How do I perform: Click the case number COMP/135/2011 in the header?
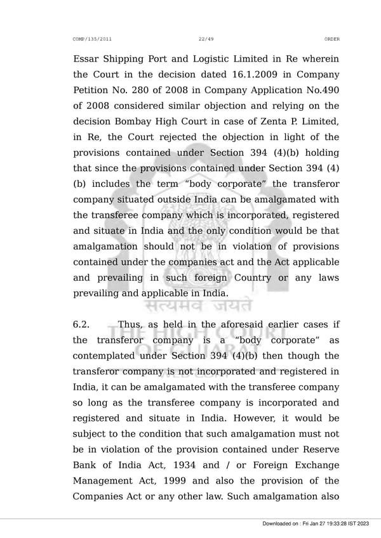coord(93,39)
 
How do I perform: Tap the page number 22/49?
coord(205,39)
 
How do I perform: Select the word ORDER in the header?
coord(331,39)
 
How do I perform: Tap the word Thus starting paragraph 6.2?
coord(130,325)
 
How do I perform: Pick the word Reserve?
coord(318,449)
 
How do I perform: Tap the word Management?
coord(105,481)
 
